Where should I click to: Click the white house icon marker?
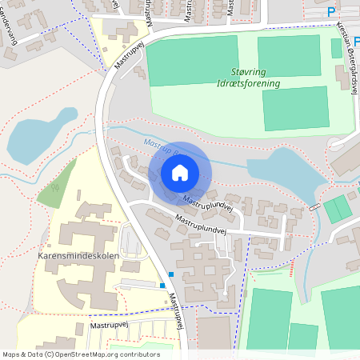179,173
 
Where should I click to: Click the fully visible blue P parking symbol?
332,11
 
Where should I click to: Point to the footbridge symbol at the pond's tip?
314,206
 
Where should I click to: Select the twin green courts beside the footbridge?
338,209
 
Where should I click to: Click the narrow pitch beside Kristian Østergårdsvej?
337,48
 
